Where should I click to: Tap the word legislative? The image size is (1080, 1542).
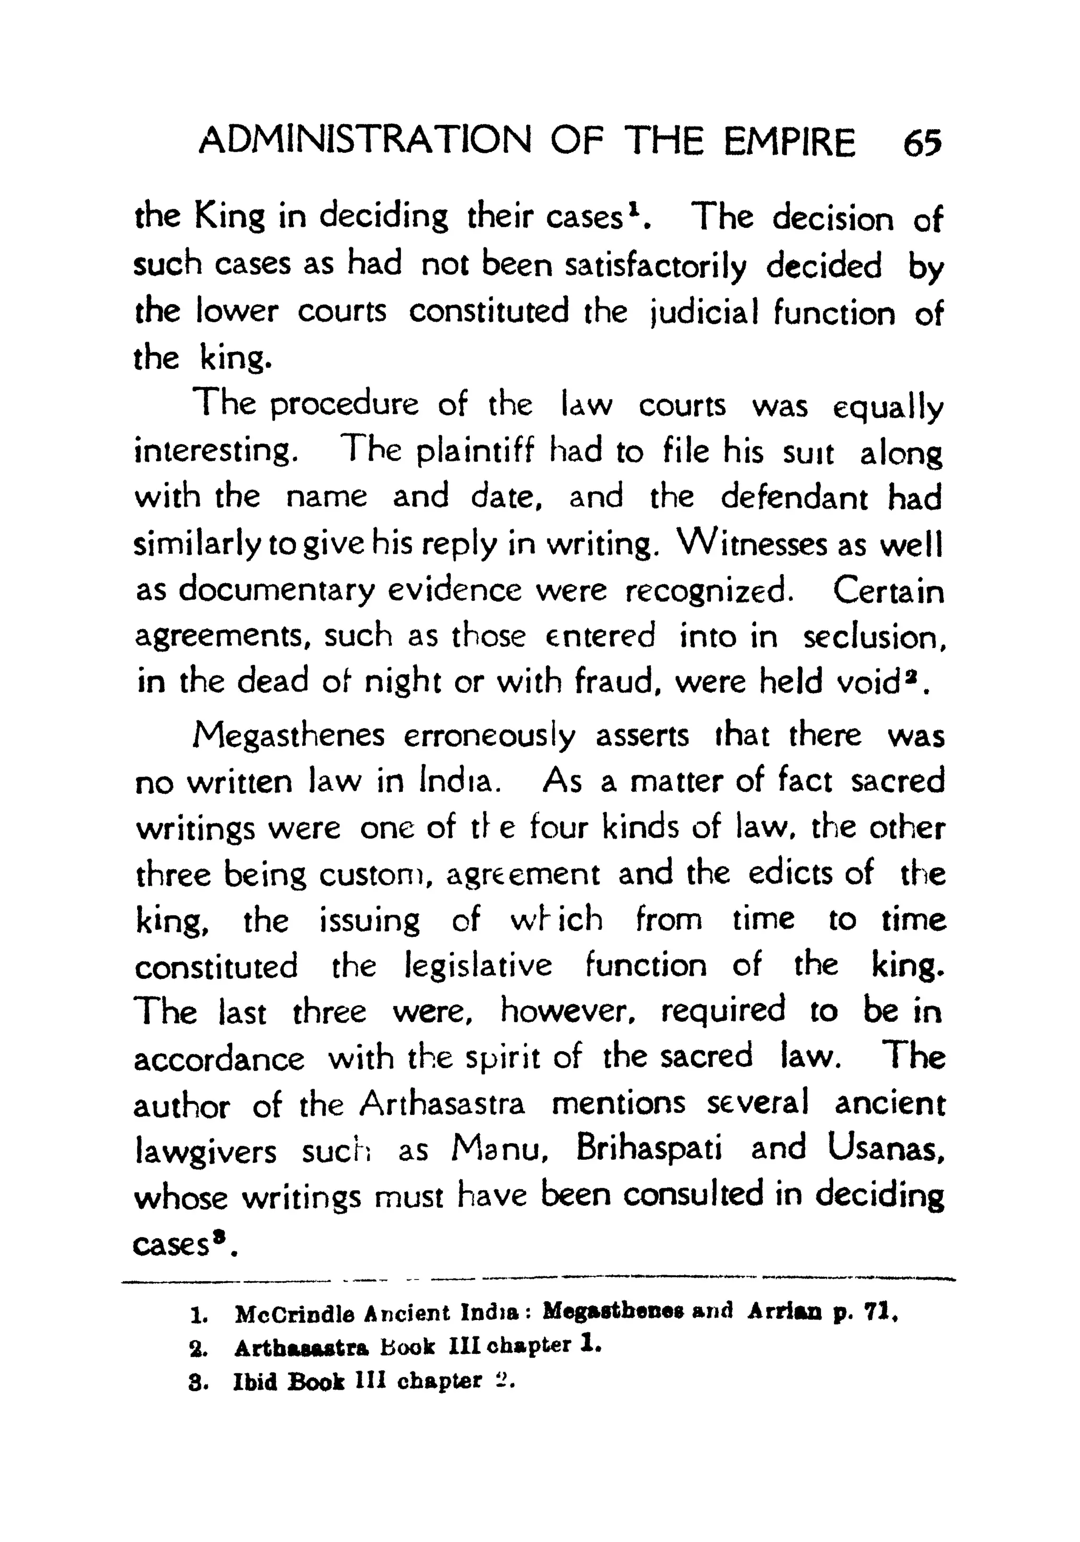pyautogui.click(x=479, y=966)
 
